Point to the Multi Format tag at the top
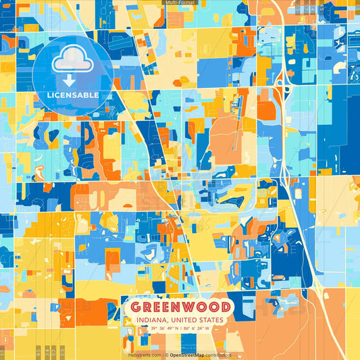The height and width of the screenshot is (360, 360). click(x=179, y=3)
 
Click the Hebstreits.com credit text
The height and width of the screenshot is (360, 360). click(x=144, y=355)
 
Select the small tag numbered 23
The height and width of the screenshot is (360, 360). click(x=61, y=352)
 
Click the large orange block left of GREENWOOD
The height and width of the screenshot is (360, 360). click(x=94, y=310)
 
